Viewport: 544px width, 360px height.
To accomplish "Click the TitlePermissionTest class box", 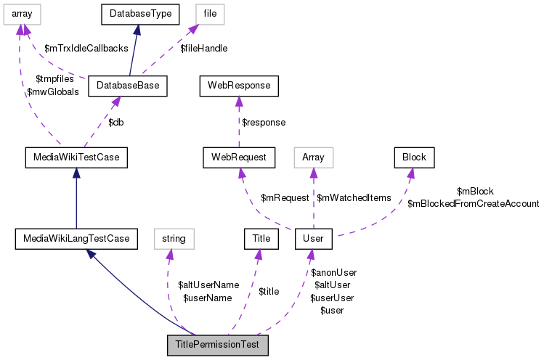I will tap(218, 345).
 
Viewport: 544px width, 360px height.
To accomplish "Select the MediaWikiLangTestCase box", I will tap(76, 237).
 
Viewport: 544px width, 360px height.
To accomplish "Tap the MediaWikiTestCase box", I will tap(76, 156).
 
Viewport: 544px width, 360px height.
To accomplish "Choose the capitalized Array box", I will tap(313, 156).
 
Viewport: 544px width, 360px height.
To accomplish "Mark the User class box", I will tap(313, 237).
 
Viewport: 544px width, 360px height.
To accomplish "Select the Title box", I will tap(261, 237).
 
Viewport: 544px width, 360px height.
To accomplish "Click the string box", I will tap(174, 237).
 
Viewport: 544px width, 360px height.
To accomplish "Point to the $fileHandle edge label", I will tap(203, 49).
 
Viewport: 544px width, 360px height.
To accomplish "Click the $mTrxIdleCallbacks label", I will tap(86, 49).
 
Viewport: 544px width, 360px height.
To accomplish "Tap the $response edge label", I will tap(263, 123).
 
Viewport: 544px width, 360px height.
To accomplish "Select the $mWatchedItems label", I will tap(354, 197).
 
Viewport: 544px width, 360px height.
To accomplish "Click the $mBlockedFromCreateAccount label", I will tap(473, 204).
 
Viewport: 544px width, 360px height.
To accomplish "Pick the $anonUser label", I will tap(333, 273).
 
